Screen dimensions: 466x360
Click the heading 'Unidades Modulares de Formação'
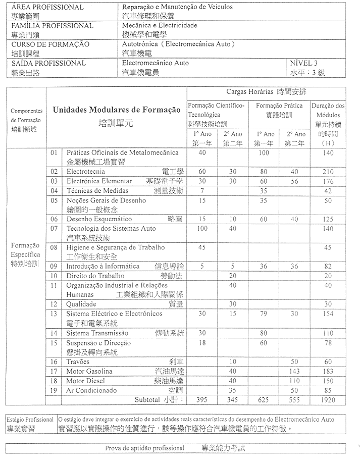point(117,110)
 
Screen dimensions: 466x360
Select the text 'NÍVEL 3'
point(304,63)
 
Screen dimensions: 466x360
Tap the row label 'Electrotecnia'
point(86,172)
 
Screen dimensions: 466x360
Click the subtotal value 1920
point(328,400)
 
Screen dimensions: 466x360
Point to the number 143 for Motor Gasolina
point(294,372)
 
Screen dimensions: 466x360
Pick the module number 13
point(54,314)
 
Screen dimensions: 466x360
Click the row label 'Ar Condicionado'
point(91,390)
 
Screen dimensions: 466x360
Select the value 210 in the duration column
point(328,172)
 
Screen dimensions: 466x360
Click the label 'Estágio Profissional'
point(30,420)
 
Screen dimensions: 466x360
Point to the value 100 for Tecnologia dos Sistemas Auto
point(202,229)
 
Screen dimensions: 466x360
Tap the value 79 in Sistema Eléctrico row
point(264,314)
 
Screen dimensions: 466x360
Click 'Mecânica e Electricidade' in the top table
point(160,25)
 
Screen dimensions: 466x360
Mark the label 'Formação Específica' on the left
point(25,250)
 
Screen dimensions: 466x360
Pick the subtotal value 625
point(264,400)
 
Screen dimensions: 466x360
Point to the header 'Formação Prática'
point(279,106)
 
